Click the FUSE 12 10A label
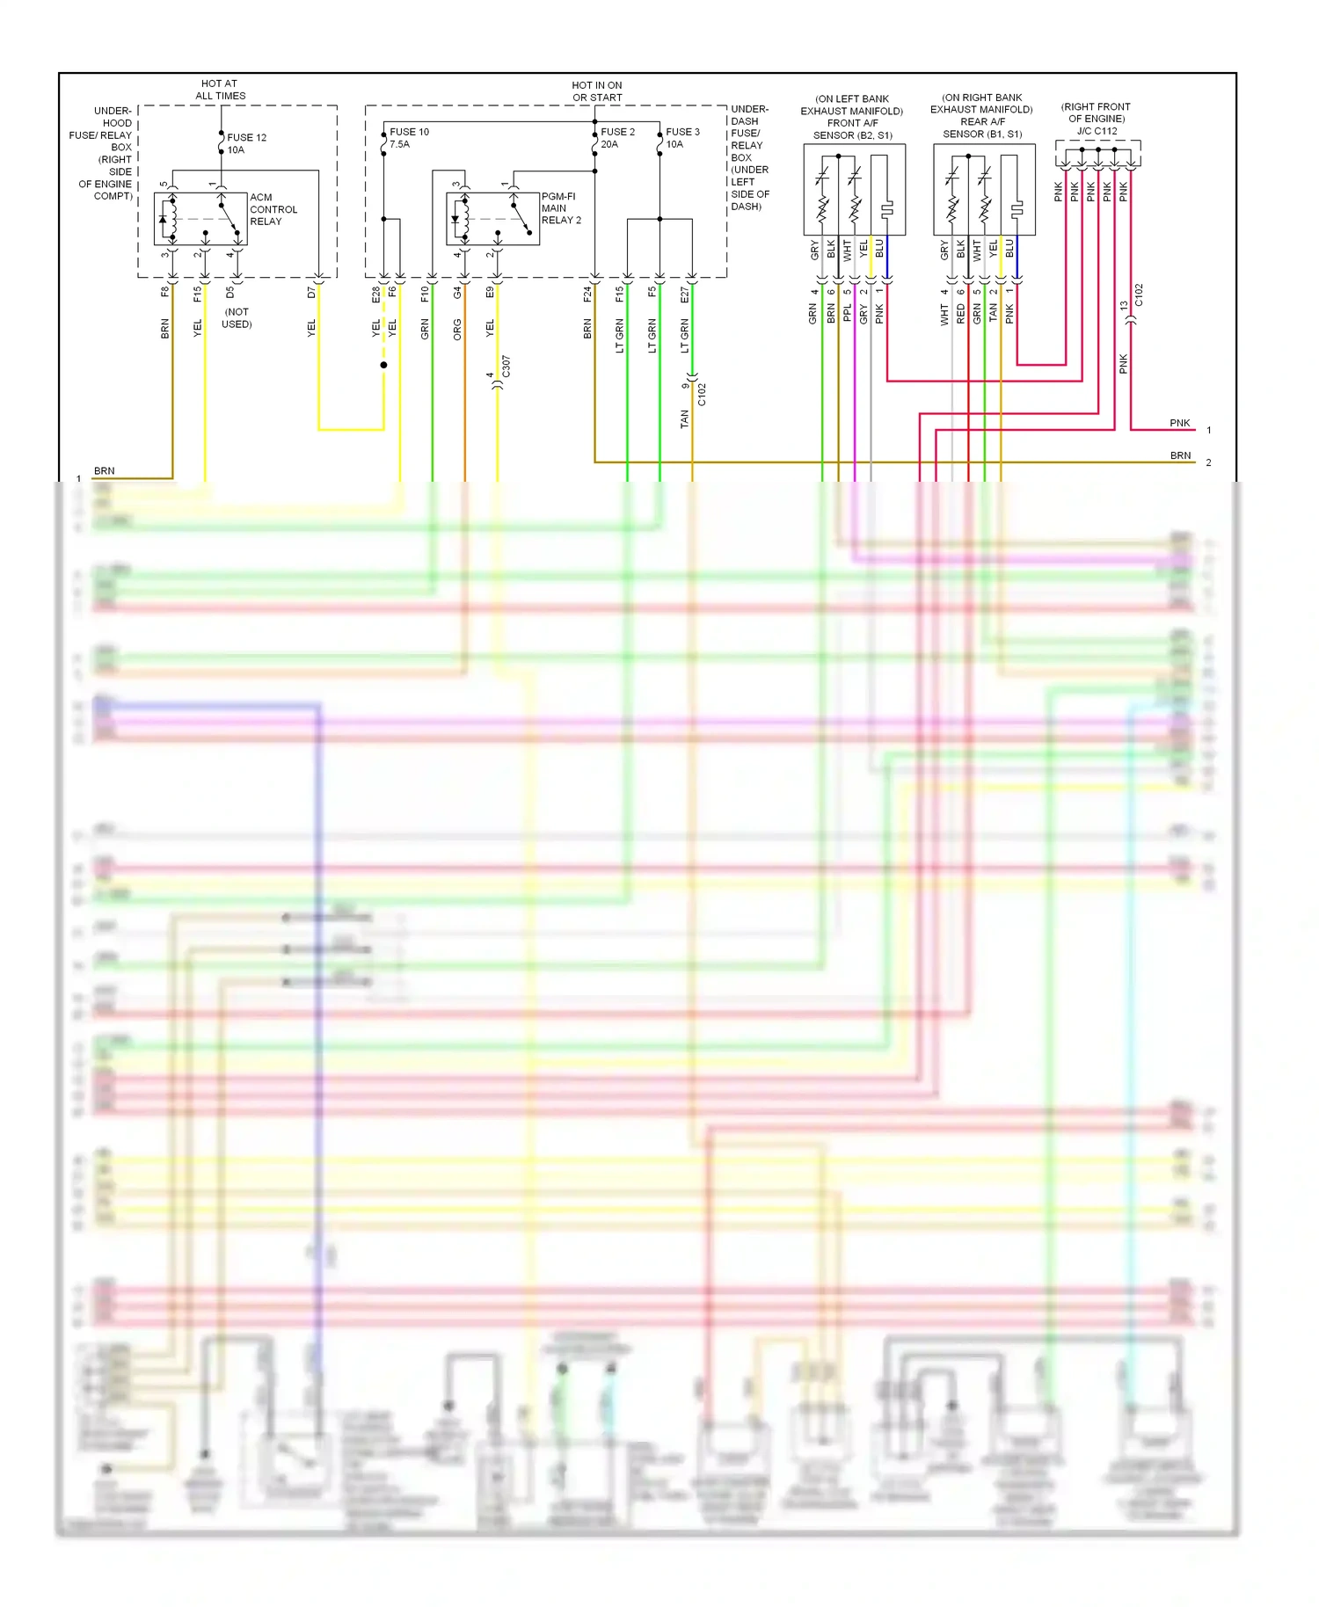click(x=246, y=143)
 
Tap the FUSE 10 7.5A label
click(x=409, y=138)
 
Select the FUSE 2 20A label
click(x=617, y=138)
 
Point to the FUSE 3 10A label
click(x=682, y=138)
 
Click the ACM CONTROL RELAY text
click(x=273, y=209)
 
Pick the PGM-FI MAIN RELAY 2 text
click(x=560, y=208)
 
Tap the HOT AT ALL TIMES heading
click(x=220, y=90)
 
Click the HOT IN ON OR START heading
click(x=597, y=91)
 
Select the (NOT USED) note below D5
click(x=237, y=318)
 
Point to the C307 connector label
click(x=506, y=367)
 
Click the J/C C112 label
click(x=1097, y=131)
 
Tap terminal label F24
click(x=587, y=294)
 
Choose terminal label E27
click(x=685, y=294)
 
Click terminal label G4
click(x=457, y=293)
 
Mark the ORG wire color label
click(x=457, y=329)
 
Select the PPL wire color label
click(x=848, y=314)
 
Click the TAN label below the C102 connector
click(x=685, y=419)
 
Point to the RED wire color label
click(x=961, y=314)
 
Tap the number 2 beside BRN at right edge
click(x=1208, y=462)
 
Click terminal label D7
click(x=311, y=293)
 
